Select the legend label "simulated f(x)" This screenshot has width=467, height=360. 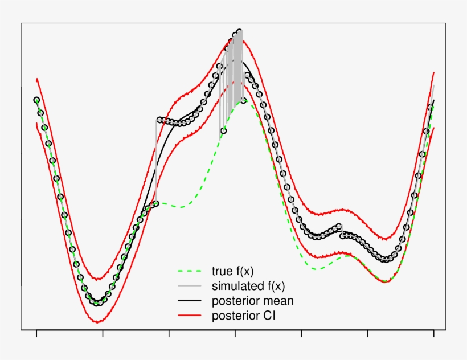[248, 285]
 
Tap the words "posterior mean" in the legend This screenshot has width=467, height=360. [252, 300]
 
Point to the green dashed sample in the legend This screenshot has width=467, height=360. [190, 271]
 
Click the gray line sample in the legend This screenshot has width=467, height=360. [190, 285]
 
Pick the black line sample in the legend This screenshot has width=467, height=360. [190, 300]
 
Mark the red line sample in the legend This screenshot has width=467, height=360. [190, 315]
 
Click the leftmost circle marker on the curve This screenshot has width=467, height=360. [36, 100]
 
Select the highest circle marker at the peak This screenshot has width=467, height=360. [239, 32]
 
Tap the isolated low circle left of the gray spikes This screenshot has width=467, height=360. [223, 131]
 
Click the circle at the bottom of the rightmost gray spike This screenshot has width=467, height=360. [244, 100]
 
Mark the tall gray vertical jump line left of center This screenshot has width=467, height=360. [156, 159]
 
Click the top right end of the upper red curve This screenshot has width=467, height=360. [434, 73]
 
